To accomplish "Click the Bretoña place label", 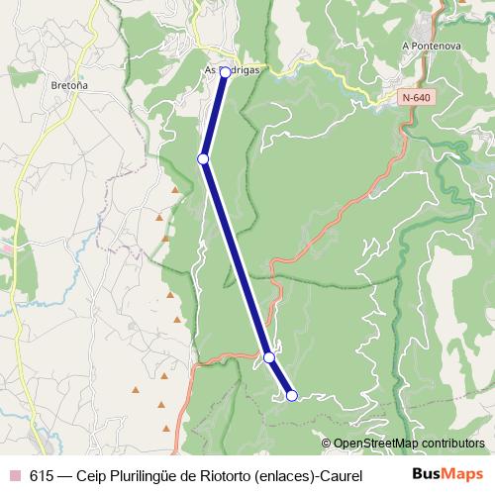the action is pyautogui.click(x=69, y=85).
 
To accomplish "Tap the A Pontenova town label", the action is pyautogui.click(x=427, y=46).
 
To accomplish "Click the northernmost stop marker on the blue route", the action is pyautogui.click(x=226, y=72).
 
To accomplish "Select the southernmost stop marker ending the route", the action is pyautogui.click(x=292, y=396).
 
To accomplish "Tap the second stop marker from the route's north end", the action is pyautogui.click(x=203, y=158).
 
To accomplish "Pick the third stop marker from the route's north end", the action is pyautogui.click(x=269, y=356).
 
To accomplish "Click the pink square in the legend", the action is pyautogui.click(x=15, y=474).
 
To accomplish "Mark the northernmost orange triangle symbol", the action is pyautogui.click(x=175, y=188).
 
